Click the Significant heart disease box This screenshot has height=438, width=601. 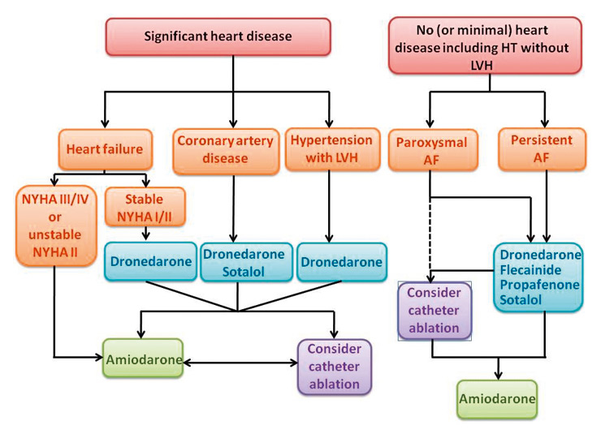pos(235,36)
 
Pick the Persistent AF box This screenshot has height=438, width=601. pos(542,148)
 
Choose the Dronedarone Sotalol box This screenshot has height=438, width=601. pos(244,261)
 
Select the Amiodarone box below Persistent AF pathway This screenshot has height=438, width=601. pos(496,399)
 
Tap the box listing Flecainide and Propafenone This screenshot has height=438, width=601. pos(537,276)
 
